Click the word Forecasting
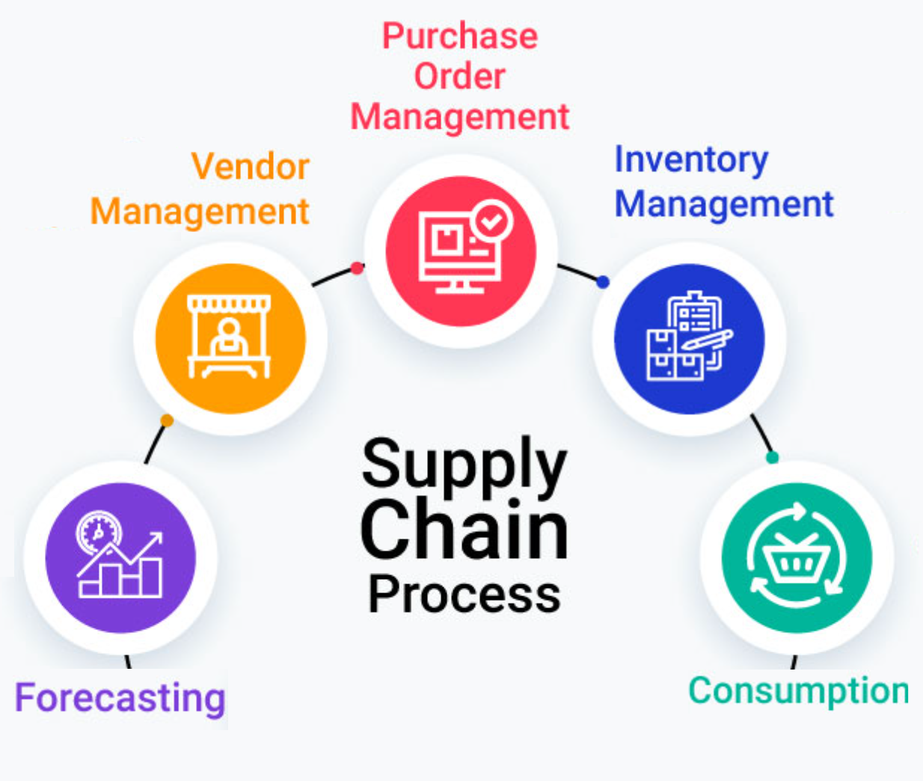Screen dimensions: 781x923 pos(120,698)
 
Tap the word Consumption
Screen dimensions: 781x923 pos(798,690)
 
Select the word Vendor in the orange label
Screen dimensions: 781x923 pos(250,166)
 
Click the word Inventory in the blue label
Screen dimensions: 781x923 pos(691,159)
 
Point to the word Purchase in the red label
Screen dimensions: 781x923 pos(460,36)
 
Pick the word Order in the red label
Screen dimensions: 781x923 pos(460,76)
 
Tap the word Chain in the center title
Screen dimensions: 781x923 pos(464,530)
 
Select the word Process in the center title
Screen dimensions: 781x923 pos(464,595)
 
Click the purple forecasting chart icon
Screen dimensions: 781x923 pos(120,557)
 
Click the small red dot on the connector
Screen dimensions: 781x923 pos(358,268)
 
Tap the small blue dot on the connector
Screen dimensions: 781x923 pos(603,282)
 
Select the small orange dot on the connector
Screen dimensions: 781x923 pos(167,420)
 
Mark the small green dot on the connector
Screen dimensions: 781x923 pos(773,457)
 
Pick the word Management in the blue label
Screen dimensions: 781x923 pos(724,204)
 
